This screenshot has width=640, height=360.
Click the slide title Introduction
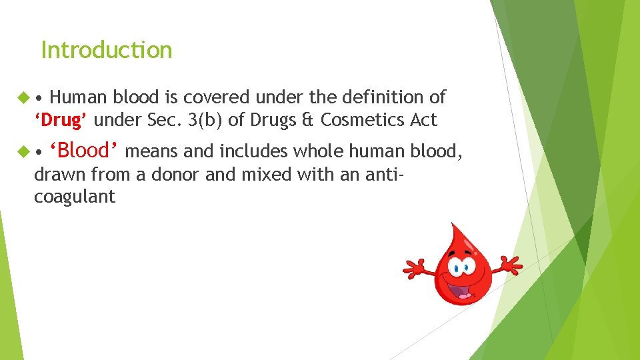click(106, 50)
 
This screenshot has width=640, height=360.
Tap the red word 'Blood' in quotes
click(84, 151)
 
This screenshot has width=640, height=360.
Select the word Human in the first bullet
click(78, 97)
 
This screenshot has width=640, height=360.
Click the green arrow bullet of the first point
click(21, 98)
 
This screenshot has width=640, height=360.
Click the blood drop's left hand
click(413, 268)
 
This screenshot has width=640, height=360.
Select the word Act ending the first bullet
click(423, 121)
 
